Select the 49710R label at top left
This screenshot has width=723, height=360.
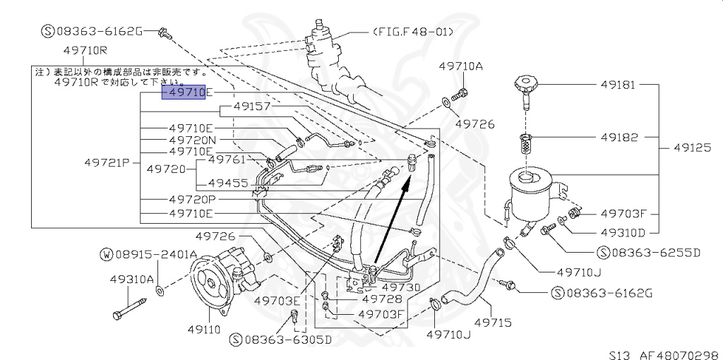point(84,51)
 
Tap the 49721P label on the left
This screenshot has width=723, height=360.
point(109,163)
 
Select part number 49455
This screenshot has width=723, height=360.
point(228,183)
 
